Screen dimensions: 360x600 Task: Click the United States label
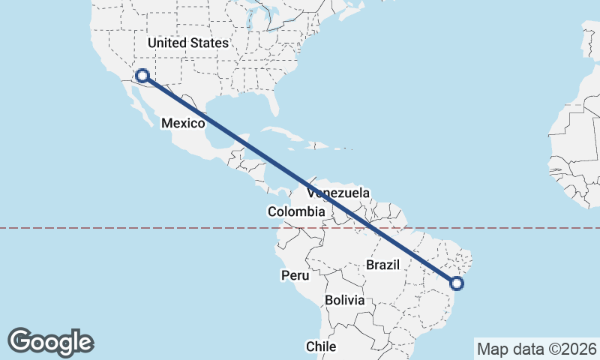[x=187, y=43]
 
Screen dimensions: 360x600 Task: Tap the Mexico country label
[x=183, y=122]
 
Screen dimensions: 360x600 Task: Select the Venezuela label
[x=338, y=193]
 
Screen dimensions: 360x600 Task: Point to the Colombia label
[x=296, y=212]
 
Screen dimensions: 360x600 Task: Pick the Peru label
[x=295, y=275]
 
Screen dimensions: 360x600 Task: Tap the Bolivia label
[x=345, y=300]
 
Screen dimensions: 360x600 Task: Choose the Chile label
[x=321, y=346]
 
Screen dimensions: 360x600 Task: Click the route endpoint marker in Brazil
[x=456, y=283]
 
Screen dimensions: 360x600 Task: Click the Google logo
[x=50, y=341]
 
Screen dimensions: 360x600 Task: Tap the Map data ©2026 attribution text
[x=536, y=349]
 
